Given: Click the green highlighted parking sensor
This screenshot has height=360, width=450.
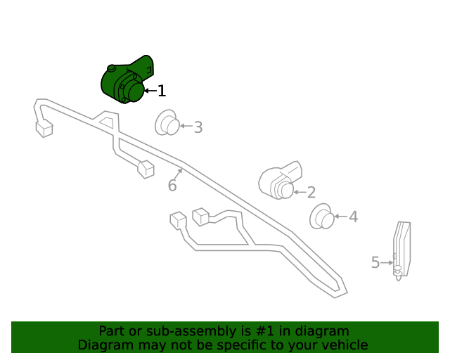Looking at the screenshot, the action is pos(125,82).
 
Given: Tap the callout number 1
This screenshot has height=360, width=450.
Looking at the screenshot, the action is pos(162,91).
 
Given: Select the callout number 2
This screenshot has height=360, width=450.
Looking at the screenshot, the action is pos(311,192).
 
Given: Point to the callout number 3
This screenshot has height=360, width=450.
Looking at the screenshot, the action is pos(198,127).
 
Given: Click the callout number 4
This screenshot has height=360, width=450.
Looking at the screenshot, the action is pos(353,217).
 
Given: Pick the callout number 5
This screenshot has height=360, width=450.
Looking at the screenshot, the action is pos(375,262).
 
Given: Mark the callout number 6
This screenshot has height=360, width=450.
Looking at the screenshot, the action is pos(172,186).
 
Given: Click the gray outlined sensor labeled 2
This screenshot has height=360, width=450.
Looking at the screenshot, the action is pos(279,181).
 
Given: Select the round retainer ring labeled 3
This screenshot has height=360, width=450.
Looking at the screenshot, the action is pos(167,123).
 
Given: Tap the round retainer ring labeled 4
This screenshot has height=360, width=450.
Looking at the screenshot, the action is pos(323,216).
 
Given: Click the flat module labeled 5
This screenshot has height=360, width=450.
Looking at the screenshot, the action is pos(401,247).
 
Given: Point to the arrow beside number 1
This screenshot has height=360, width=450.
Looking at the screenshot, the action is pos(150,91).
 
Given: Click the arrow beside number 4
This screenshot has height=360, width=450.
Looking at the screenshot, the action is pos(341,217).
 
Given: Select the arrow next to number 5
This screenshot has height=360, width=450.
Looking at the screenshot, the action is pos(387,262).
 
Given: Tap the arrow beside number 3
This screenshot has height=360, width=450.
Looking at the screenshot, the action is pos(186,127).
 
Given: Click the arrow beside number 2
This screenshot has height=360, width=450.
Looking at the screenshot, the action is pos(299,191).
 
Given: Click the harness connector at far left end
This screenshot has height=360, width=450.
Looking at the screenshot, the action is pos(44,129).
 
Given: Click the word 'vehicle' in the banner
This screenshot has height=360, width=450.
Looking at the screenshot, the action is pos(345,345).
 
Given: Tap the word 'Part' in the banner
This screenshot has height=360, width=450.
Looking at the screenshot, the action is pos(112,330).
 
